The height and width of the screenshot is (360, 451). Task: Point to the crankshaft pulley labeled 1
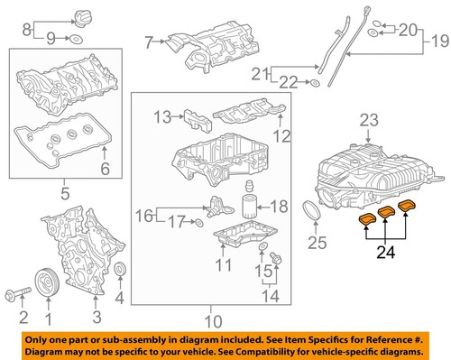pyautogui.click(x=46, y=283)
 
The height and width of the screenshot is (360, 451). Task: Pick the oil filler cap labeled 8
pyautogui.click(x=64, y=14)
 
